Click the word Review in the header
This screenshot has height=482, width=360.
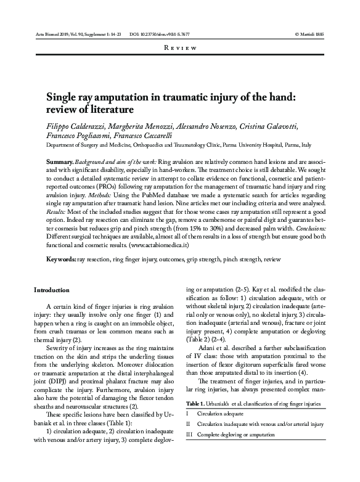(x=180, y=47)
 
